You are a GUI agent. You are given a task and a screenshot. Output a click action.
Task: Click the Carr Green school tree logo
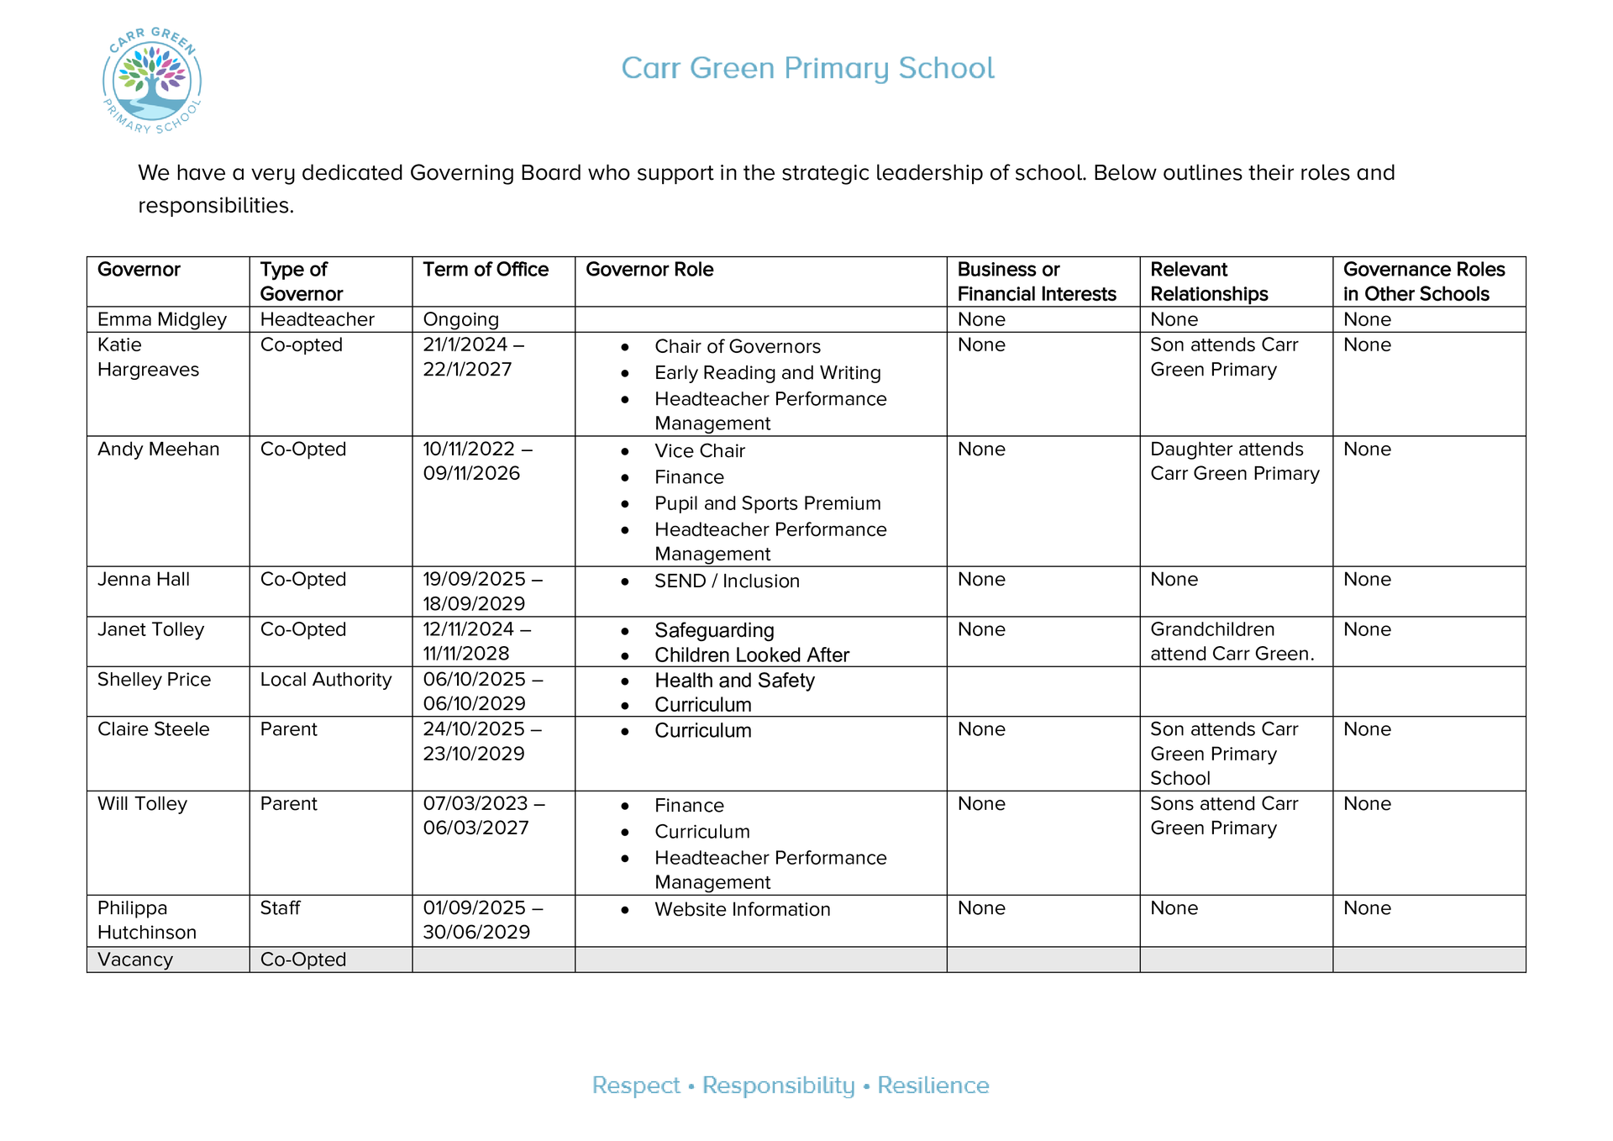(x=152, y=81)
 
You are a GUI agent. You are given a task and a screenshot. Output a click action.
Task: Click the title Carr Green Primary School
(x=807, y=68)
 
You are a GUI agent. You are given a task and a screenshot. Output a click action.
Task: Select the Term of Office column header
(x=485, y=270)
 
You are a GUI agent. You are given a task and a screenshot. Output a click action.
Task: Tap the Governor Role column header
(x=649, y=270)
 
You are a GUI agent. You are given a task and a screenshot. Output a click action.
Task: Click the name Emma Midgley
(x=162, y=319)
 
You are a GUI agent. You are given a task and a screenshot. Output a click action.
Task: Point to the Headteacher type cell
(x=317, y=319)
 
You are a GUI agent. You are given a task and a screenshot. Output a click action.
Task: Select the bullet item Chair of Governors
(x=737, y=347)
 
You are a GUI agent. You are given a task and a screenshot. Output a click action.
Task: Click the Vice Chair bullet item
(x=699, y=451)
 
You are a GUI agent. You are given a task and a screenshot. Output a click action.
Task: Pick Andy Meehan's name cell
(x=158, y=450)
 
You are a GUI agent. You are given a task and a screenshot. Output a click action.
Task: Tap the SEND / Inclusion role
(x=727, y=581)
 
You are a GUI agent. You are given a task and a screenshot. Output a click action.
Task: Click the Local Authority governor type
(x=325, y=680)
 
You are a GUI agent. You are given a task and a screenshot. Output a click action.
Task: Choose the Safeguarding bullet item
(x=714, y=630)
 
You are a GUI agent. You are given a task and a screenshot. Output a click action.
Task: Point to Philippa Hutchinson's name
(x=147, y=920)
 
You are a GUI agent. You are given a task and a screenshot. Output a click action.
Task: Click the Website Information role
(x=742, y=909)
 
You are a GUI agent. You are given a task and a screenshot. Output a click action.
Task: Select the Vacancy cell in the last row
(x=135, y=960)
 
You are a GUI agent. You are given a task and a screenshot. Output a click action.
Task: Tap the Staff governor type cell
(x=280, y=908)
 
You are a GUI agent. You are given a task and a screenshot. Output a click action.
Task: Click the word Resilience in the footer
(x=933, y=1086)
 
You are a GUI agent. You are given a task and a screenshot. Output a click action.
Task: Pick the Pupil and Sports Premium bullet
(x=767, y=503)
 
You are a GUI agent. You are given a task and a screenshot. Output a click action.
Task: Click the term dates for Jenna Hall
(x=482, y=592)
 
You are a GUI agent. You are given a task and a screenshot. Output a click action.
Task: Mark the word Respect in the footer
(x=636, y=1086)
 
